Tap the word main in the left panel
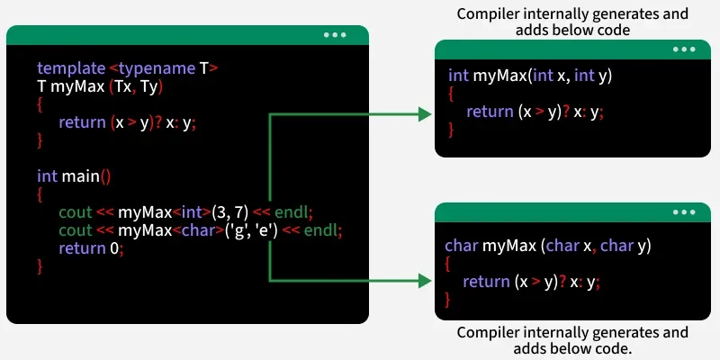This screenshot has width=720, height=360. point(80,175)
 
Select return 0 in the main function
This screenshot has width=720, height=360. point(89,248)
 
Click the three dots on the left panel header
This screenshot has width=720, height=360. point(335,35)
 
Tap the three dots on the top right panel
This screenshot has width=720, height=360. point(684,50)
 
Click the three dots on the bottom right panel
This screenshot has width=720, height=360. point(684,212)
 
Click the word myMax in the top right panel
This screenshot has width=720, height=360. point(500,76)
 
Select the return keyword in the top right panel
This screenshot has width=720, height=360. point(490,112)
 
